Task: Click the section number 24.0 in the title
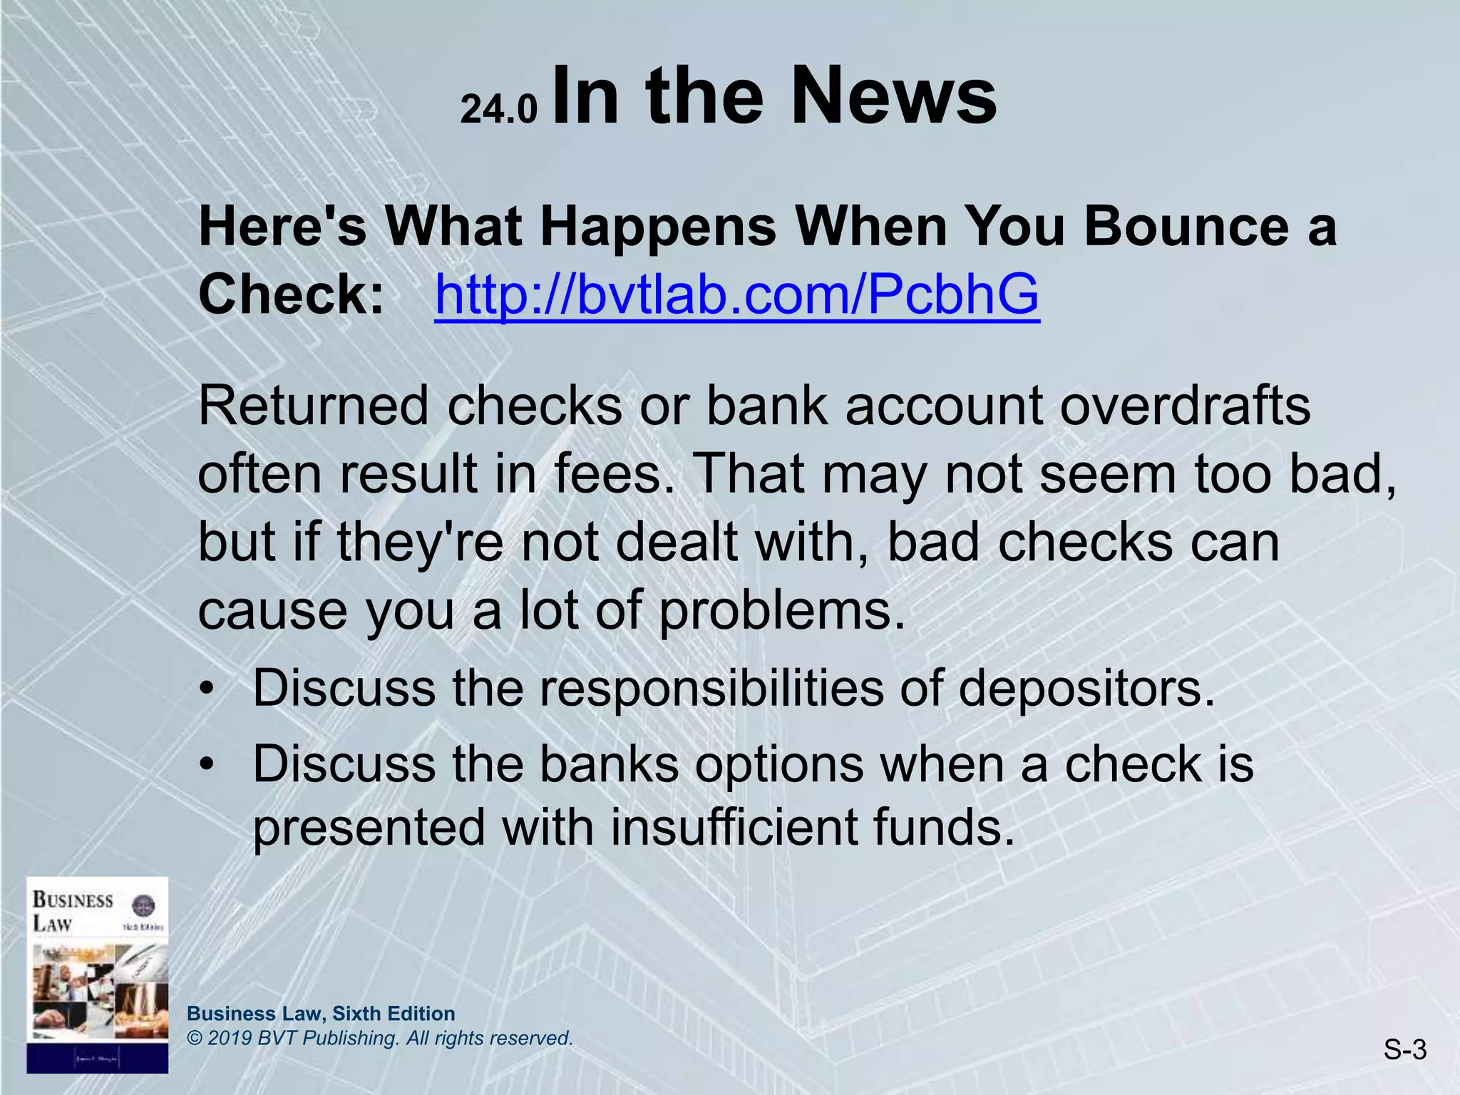pos(498,110)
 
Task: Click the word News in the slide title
pos(893,96)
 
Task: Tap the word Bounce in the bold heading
pos(1186,226)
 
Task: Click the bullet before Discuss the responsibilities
pos(207,689)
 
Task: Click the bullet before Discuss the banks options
pos(207,765)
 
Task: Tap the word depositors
pos(1086,689)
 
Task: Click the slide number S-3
pos(1405,1049)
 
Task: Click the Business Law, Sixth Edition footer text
pos(321,1013)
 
